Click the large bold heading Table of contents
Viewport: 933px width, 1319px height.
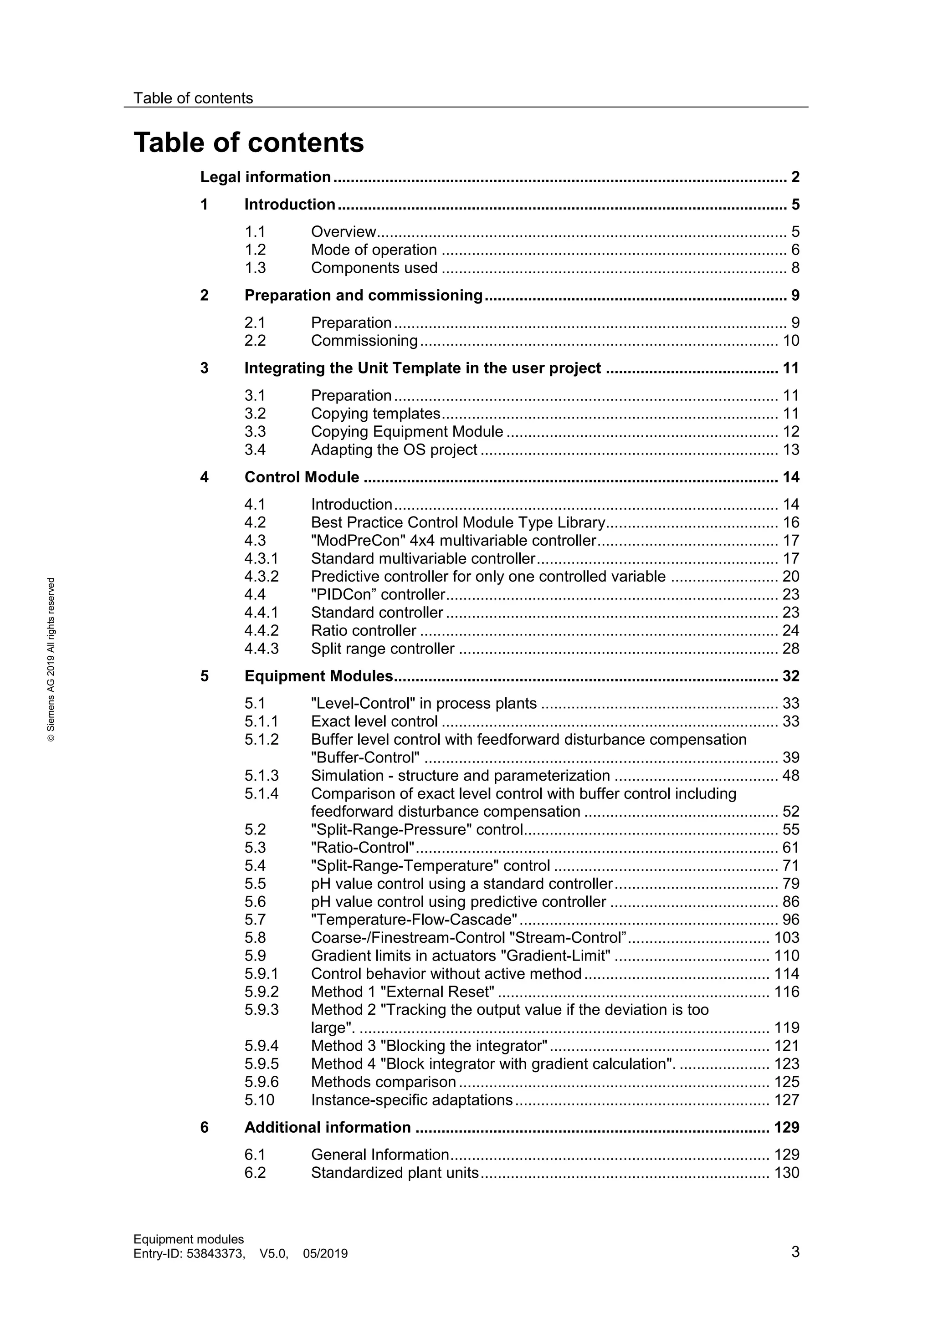pos(248,143)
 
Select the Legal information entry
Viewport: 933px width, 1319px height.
pos(266,177)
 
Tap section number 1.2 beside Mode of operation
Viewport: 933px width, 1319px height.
pos(255,250)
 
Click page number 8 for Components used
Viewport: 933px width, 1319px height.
pos(795,268)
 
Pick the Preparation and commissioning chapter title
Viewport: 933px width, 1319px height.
pos(363,295)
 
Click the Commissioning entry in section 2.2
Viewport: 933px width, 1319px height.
pos(364,341)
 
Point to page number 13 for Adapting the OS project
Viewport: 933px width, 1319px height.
pos(790,450)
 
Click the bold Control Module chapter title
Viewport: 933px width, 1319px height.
pos(302,477)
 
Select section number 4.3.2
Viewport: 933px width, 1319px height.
pos(261,576)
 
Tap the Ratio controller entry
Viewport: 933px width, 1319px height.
pos(363,631)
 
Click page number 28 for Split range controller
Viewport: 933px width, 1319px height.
pos(790,649)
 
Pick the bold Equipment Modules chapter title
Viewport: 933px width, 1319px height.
pos(318,676)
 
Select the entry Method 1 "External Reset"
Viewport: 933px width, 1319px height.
pos(402,992)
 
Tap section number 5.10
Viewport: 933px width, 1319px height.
pos(259,1099)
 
